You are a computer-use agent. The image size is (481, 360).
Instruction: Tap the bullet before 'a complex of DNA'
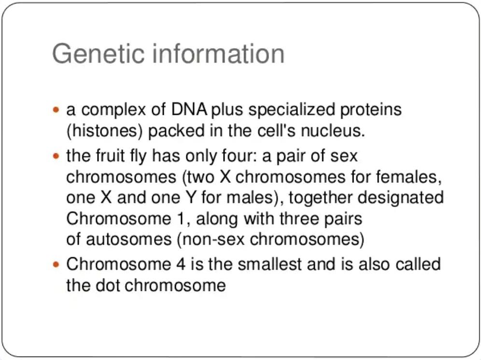(x=56, y=110)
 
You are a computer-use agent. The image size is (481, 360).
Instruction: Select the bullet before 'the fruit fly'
(x=56, y=156)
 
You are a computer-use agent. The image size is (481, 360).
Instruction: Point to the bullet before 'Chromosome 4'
(x=56, y=264)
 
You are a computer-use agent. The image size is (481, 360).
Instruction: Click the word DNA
(x=189, y=109)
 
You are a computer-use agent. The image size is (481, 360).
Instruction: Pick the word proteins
(x=370, y=110)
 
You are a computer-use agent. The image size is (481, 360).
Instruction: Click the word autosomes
(x=129, y=239)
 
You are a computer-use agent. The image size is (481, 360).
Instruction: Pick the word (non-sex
(x=211, y=239)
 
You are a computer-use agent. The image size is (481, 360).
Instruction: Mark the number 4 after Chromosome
(x=181, y=264)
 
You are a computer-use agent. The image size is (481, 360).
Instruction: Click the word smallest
(x=269, y=264)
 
